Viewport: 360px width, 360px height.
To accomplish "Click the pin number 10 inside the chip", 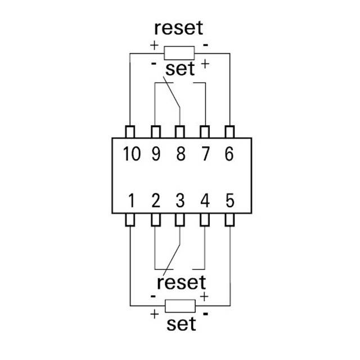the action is pos(132,154).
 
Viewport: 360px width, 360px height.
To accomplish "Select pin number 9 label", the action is pos(156,154).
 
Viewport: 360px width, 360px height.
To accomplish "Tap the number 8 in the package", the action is pos(181,154).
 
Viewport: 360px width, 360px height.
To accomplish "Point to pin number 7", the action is pos(205,154).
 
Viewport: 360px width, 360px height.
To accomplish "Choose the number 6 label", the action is pos(229,154).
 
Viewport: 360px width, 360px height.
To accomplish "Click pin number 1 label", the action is pos(132,200).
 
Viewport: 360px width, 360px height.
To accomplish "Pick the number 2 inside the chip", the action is pos(156,200).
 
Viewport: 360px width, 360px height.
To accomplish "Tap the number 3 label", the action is pos(180,200).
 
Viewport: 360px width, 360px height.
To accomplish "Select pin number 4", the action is pos(205,200).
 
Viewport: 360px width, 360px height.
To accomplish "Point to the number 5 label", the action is pos(230,200).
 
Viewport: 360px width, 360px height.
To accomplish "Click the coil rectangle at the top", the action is pos(179,53).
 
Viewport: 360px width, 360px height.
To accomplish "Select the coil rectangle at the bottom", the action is pos(180,306).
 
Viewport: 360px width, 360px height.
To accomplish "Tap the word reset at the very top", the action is pos(179,28).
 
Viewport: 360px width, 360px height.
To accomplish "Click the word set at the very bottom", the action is pos(181,324).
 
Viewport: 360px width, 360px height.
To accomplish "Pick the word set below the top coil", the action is pos(180,69).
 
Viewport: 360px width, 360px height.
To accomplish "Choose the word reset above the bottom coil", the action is pos(181,282).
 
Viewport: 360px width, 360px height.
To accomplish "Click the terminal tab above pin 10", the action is pos(130,132).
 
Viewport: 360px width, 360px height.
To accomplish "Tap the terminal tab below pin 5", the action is pos(229,220).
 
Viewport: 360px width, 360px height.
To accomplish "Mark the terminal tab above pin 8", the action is pos(180,132).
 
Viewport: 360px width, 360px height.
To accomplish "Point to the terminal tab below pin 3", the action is pos(180,220).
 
